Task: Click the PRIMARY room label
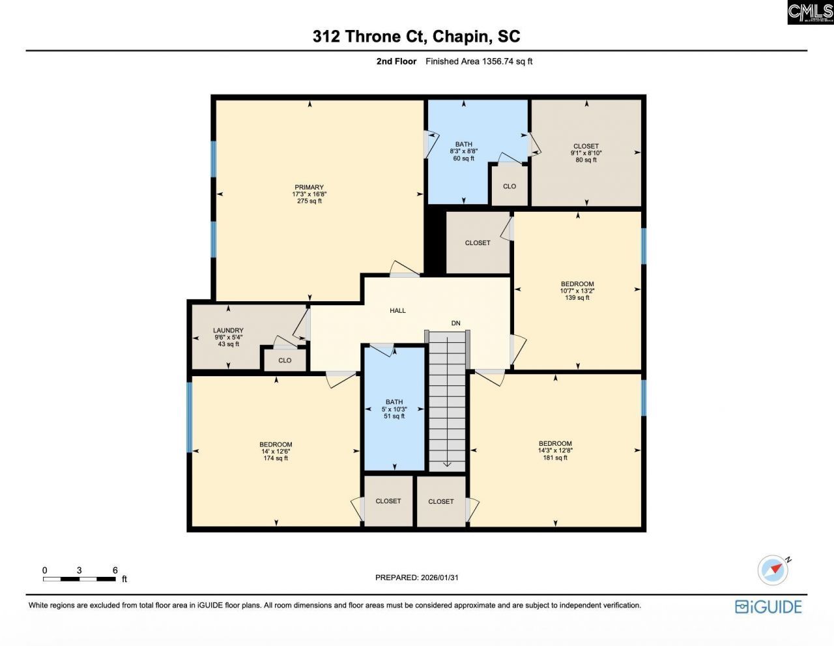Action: click(x=309, y=187)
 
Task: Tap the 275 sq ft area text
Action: click(x=309, y=201)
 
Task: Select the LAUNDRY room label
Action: click(x=228, y=330)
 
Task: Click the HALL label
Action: click(x=397, y=310)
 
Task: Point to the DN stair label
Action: click(x=455, y=323)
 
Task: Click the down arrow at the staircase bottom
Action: click(x=448, y=463)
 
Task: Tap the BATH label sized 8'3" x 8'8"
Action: click(x=463, y=144)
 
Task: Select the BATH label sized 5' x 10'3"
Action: click(x=394, y=402)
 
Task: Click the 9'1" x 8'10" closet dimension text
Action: click(x=586, y=153)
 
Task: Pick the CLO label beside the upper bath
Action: click(x=510, y=186)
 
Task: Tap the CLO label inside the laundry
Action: click(x=285, y=360)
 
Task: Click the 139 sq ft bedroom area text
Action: click(x=577, y=298)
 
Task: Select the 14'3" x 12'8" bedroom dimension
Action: click(x=555, y=450)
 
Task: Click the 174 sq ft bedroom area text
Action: click(x=276, y=458)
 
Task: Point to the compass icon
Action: click(x=773, y=570)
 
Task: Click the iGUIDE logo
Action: click(x=768, y=607)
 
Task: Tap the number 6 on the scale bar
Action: click(x=115, y=570)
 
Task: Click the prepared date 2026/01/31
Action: click(x=440, y=578)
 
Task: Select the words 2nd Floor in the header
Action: click(x=396, y=61)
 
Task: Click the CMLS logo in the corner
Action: click(x=810, y=12)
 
